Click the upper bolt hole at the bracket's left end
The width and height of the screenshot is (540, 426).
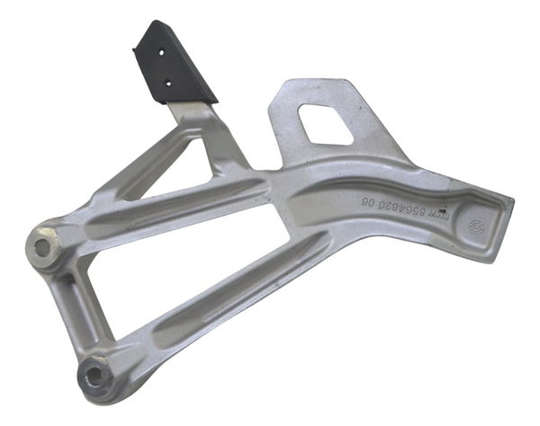tap(43, 243)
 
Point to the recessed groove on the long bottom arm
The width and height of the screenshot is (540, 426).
tap(234, 297)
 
